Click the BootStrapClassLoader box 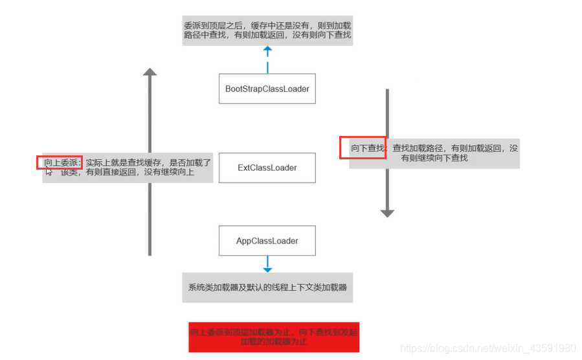267,89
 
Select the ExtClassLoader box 267,168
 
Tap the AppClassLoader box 267,241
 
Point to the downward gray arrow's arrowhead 387,212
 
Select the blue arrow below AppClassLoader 267,264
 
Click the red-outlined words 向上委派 60,162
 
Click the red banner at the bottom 273,337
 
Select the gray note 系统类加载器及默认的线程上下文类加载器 267,287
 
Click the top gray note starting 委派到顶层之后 267,30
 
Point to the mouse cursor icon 49,172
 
